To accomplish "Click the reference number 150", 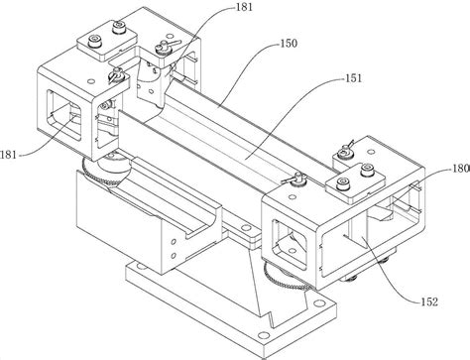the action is point(289,44).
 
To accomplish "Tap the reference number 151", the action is point(354,78).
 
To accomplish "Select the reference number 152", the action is point(429,301).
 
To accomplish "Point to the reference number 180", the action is point(461,169).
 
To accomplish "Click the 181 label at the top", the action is point(244,7).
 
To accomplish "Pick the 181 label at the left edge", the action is point(8,155).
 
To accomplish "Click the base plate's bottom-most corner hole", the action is point(264,335).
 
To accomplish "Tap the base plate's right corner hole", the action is point(319,302).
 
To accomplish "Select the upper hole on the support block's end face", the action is point(174,242).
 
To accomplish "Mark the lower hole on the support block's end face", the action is point(173,256).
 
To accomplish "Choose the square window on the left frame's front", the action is point(63,114).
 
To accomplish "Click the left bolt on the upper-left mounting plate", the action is point(95,42).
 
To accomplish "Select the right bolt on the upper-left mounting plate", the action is point(118,27).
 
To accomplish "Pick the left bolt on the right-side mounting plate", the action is point(343,183).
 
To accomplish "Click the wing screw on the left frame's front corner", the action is point(115,74).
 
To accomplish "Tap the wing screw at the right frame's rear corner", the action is point(345,151).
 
